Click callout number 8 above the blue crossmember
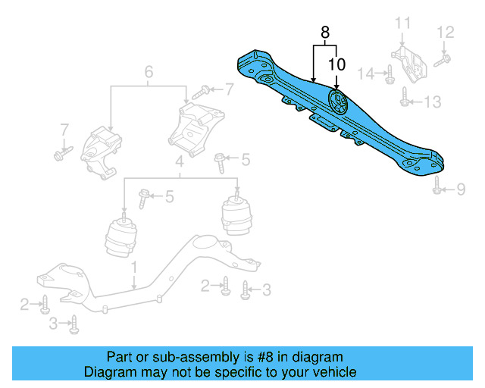[x=325, y=33]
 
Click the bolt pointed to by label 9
[x=437, y=186]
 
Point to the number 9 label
[x=460, y=189]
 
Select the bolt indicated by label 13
[x=405, y=96]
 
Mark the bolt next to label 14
[x=388, y=74]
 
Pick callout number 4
[x=179, y=161]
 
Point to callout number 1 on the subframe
[x=133, y=268]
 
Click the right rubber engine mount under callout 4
[x=236, y=216]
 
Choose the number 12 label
[x=445, y=32]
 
